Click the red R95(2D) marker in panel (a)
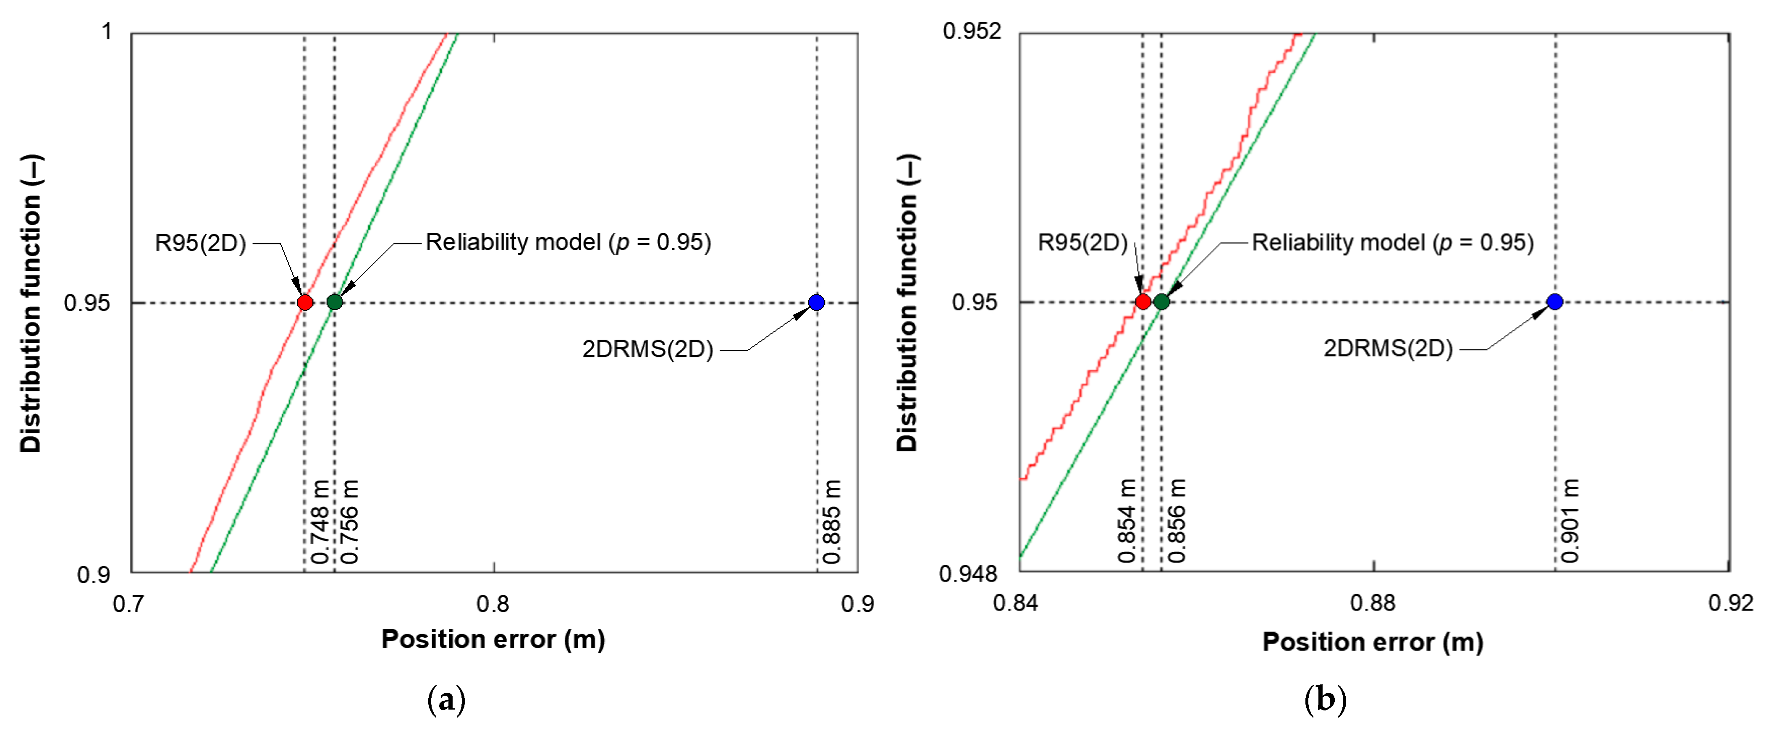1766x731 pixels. pos(305,302)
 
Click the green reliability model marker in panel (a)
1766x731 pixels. pos(335,302)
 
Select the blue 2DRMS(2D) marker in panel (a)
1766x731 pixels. pos(816,302)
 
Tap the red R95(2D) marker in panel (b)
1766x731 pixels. pos(1143,302)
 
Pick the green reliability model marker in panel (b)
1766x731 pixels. pos(1161,302)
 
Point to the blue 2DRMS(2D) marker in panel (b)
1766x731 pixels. pos(1555,302)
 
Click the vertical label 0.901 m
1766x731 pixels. pos(1570,521)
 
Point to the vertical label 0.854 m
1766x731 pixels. pos(1128,521)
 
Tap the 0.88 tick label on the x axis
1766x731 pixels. pos(1373,603)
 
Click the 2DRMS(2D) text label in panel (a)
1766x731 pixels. pos(647,350)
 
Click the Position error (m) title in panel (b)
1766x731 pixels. pos(1373,642)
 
